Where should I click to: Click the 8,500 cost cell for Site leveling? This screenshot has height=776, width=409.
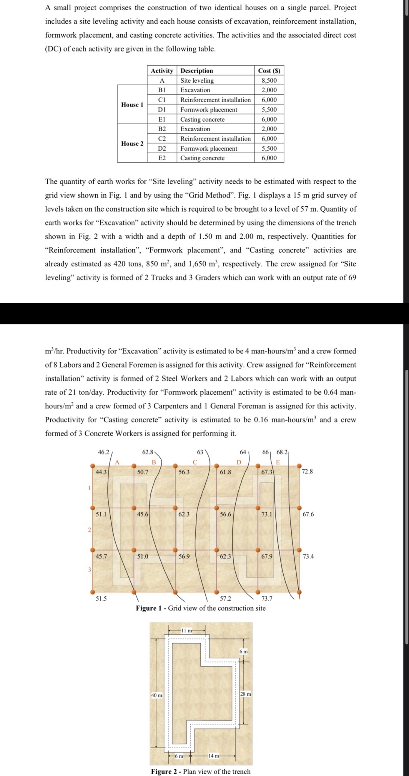tap(269, 80)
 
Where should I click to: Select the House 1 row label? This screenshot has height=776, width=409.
tap(132, 104)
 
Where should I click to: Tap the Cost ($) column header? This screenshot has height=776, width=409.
tap(269, 71)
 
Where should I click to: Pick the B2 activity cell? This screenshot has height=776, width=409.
tap(162, 129)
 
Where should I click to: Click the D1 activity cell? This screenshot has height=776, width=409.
tap(162, 109)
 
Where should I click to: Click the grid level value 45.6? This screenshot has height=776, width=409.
tap(142, 514)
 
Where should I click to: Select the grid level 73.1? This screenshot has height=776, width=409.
tap(266, 514)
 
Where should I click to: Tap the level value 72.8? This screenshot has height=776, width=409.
tap(307, 471)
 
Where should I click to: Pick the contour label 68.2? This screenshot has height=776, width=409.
tap(282, 452)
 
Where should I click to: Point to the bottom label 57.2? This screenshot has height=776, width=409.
tap(226, 599)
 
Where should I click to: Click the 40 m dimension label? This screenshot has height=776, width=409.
tap(156, 695)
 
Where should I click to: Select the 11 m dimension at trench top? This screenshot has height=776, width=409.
tap(186, 630)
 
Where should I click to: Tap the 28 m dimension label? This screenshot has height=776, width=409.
tap(246, 694)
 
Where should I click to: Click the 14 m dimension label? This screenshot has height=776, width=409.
tap(214, 756)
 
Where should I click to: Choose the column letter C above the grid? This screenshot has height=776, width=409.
tap(195, 462)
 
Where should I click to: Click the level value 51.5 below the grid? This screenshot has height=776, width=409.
tap(101, 599)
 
